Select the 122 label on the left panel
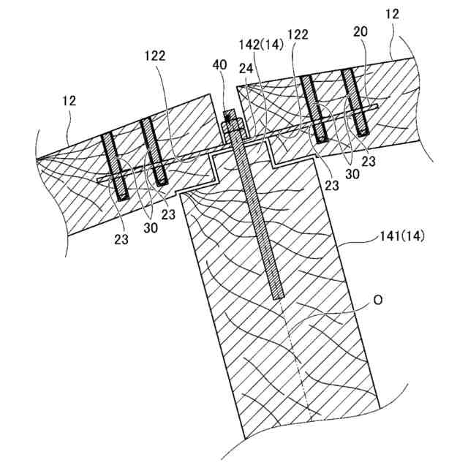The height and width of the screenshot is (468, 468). coord(154,56)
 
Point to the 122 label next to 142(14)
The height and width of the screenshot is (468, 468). coord(298,34)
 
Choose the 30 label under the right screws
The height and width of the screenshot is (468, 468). coord(353,175)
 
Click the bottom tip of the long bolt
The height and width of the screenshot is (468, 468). coord(278,296)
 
